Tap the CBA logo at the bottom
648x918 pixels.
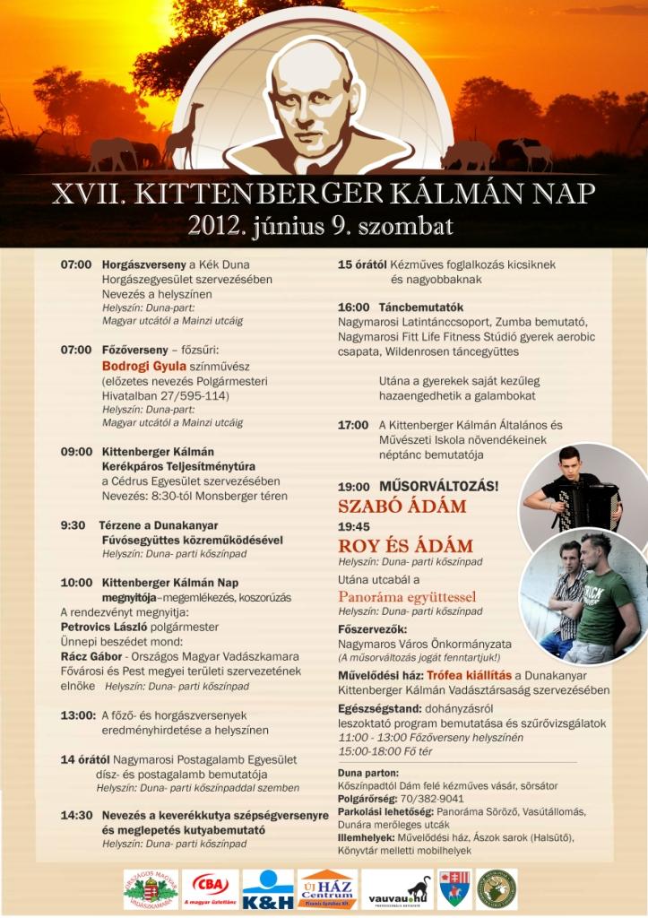(x=211, y=888)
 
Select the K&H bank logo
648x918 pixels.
(x=267, y=888)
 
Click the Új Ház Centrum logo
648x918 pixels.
(x=327, y=888)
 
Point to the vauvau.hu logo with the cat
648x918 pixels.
(x=396, y=888)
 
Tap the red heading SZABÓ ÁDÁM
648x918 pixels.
(x=402, y=507)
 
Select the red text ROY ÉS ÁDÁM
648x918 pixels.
(x=405, y=546)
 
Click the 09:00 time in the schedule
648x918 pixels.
(x=76, y=452)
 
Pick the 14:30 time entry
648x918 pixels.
(x=76, y=816)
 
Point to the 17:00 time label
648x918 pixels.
(x=353, y=425)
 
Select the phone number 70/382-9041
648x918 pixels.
(x=432, y=798)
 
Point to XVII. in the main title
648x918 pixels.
(x=83, y=193)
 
